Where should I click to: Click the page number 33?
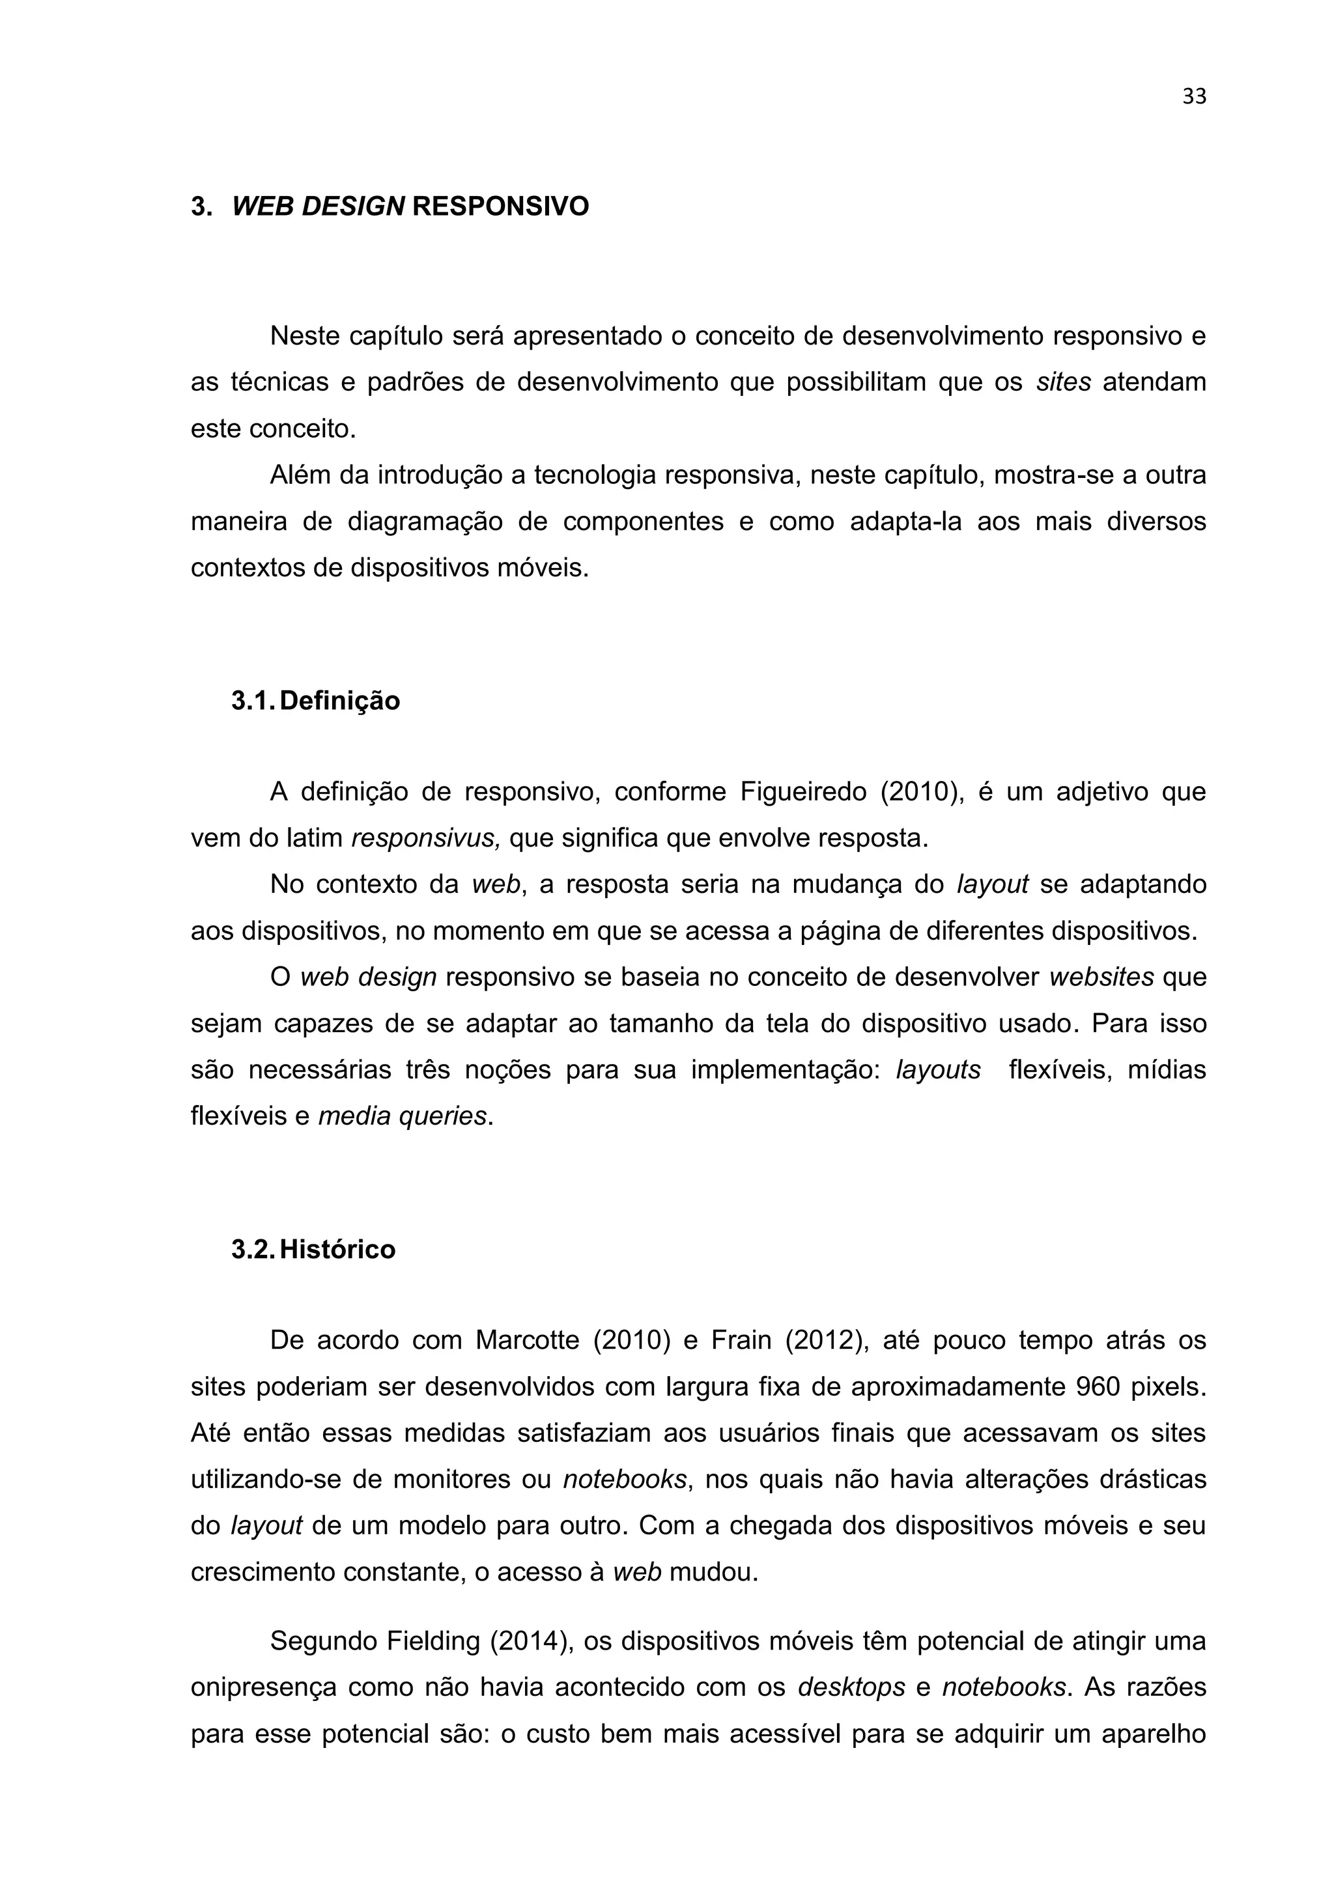tap(1193, 97)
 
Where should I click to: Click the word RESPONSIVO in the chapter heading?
tap(500, 206)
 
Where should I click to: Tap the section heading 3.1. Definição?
tap(315, 701)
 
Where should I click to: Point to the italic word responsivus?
tap(425, 839)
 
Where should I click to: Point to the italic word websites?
tap(1101, 978)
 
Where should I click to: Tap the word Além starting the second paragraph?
tap(299, 475)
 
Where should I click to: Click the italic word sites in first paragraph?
tap(1063, 382)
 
